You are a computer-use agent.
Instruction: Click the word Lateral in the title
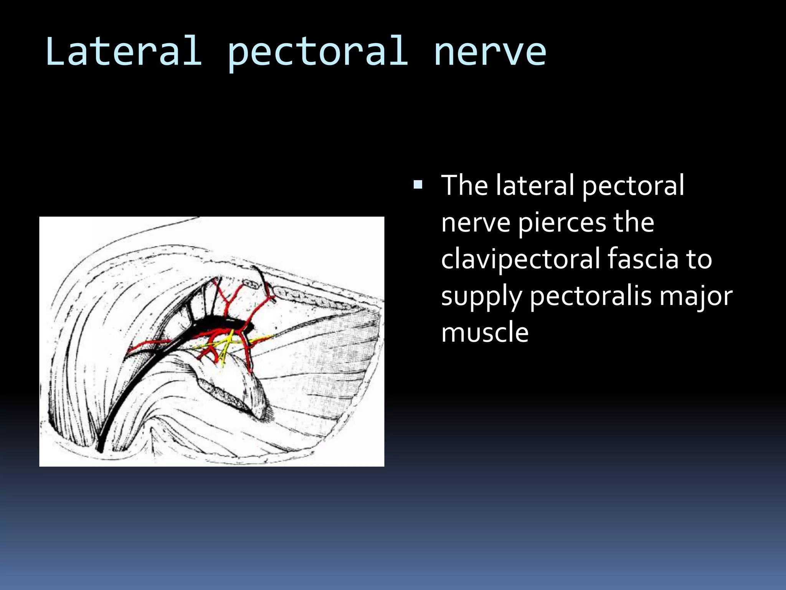pyautogui.click(x=124, y=51)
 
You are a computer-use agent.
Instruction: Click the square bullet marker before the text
pyautogui.click(x=418, y=186)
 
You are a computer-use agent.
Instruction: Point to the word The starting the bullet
pyautogui.click(x=464, y=185)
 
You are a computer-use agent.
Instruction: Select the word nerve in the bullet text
pyautogui.click(x=476, y=223)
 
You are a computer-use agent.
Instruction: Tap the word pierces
pyautogui.click(x=561, y=223)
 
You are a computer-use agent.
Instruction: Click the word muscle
pyautogui.click(x=485, y=332)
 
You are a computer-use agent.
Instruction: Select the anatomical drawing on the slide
pyautogui.click(x=211, y=341)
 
